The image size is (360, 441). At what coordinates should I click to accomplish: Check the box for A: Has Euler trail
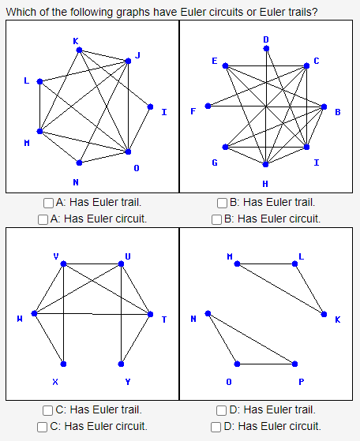tap(50, 203)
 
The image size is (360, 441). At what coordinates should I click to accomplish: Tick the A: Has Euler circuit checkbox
tap(43, 219)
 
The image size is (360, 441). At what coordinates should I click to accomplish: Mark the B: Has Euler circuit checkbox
tap(217, 219)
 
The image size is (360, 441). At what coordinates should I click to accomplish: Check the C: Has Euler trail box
tap(50, 409)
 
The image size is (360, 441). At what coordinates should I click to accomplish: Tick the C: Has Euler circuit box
tap(43, 426)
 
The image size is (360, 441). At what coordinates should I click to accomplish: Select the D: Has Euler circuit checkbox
tap(217, 426)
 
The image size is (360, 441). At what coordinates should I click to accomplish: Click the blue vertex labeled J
tap(128, 61)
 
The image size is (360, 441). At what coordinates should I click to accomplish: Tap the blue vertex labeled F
tap(208, 106)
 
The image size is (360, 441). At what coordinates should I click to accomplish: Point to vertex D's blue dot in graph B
tap(266, 48)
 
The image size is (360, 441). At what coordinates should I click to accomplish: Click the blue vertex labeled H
tap(266, 164)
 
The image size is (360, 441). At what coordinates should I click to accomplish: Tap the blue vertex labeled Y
tap(121, 364)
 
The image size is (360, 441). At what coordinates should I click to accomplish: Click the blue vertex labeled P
tap(295, 364)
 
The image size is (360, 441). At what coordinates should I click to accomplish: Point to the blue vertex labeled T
tap(150, 314)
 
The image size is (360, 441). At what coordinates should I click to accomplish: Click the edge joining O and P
tap(267, 364)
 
